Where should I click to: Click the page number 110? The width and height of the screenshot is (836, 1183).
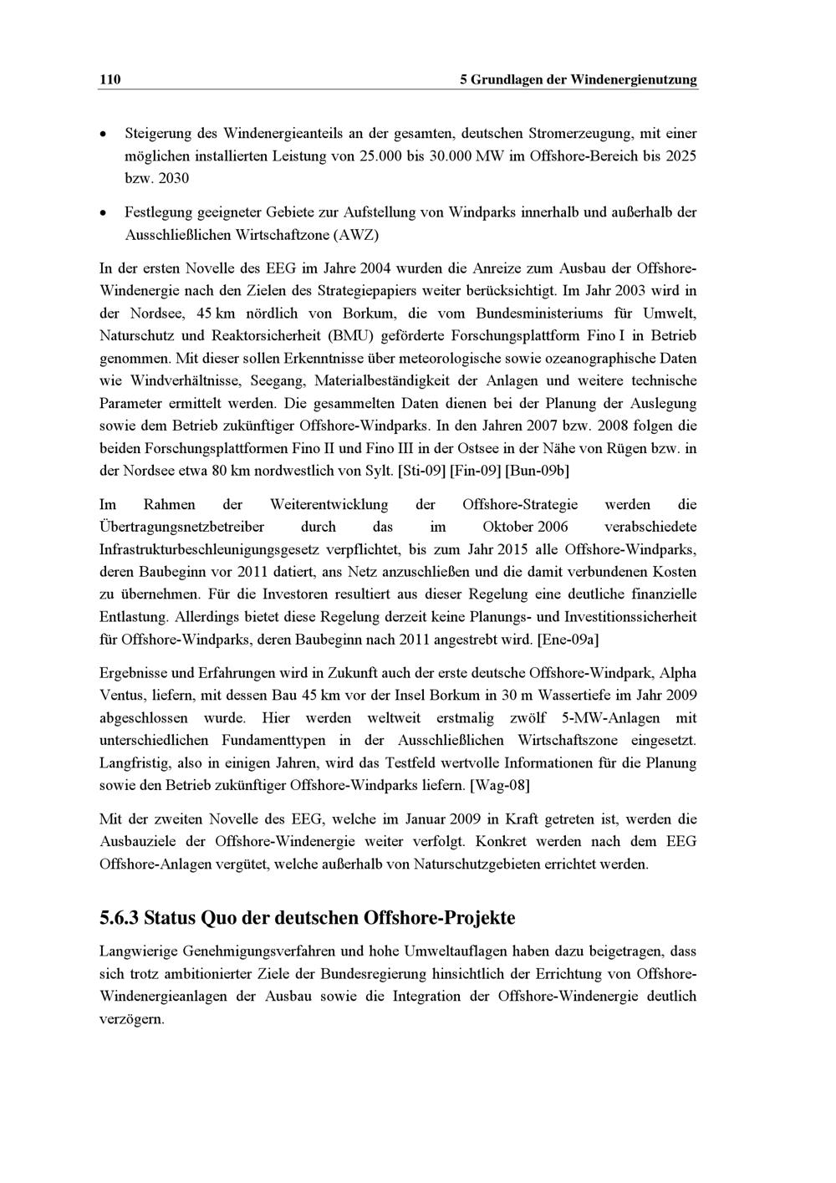(110, 79)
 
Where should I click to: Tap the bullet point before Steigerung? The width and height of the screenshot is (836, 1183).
(103, 134)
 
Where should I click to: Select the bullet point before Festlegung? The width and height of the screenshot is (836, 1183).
(103, 213)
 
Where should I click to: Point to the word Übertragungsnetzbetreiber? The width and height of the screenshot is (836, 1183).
(181, 528)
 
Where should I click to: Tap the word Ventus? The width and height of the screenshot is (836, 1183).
(122, 696)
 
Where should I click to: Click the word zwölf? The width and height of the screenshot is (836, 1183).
(526, 718)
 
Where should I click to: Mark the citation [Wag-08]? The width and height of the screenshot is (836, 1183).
(500, 786)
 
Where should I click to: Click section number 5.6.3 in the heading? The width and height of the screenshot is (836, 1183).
(119, 918)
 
